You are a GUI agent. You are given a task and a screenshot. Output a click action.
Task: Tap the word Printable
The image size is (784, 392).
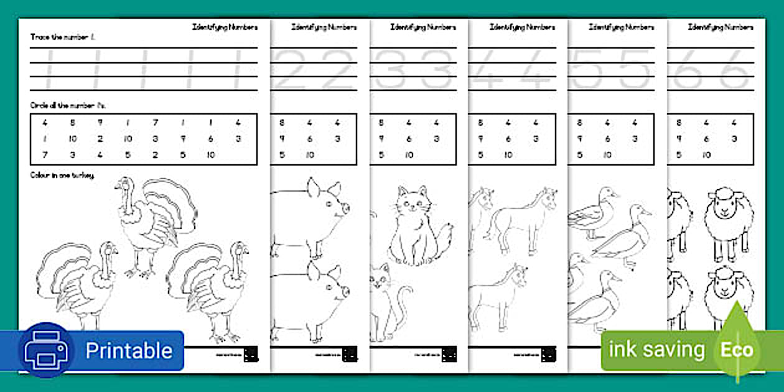point(128,350)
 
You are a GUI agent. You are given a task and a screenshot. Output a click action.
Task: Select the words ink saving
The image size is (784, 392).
point(656,350)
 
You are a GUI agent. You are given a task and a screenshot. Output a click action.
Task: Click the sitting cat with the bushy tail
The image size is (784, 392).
point(417,227)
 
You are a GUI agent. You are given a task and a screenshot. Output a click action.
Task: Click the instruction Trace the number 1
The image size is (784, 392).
point(63,37)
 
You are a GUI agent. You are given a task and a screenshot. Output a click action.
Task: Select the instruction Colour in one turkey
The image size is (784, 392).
point(63,175)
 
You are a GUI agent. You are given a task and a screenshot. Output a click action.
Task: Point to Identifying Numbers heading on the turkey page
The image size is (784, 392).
point(225,27)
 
